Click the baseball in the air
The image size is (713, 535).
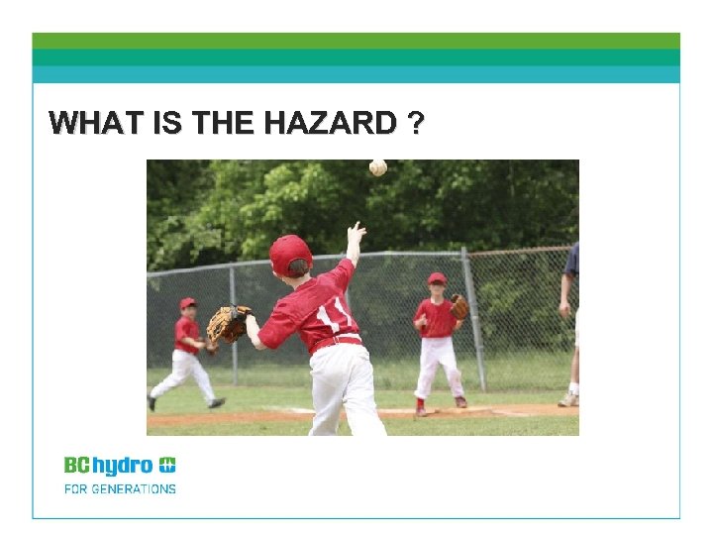pos(377,167)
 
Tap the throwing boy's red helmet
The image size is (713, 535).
pos(289,254)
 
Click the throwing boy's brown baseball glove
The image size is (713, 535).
pos(228,323)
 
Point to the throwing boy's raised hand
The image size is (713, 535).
pos(356,236)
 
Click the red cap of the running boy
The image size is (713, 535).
pos(187,303)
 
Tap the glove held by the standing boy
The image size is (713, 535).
pos(458,306)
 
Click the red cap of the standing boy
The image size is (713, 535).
pos(437,278)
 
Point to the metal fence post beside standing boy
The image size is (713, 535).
pos(473,317)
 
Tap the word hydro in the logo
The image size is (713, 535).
pos(122,466)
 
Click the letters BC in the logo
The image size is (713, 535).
pos(77,465)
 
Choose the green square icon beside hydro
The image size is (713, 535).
pos(167,465)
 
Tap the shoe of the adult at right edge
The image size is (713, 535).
pos(567,399)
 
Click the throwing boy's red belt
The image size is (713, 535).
pos(336,343)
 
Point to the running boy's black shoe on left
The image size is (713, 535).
pos(152,403)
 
